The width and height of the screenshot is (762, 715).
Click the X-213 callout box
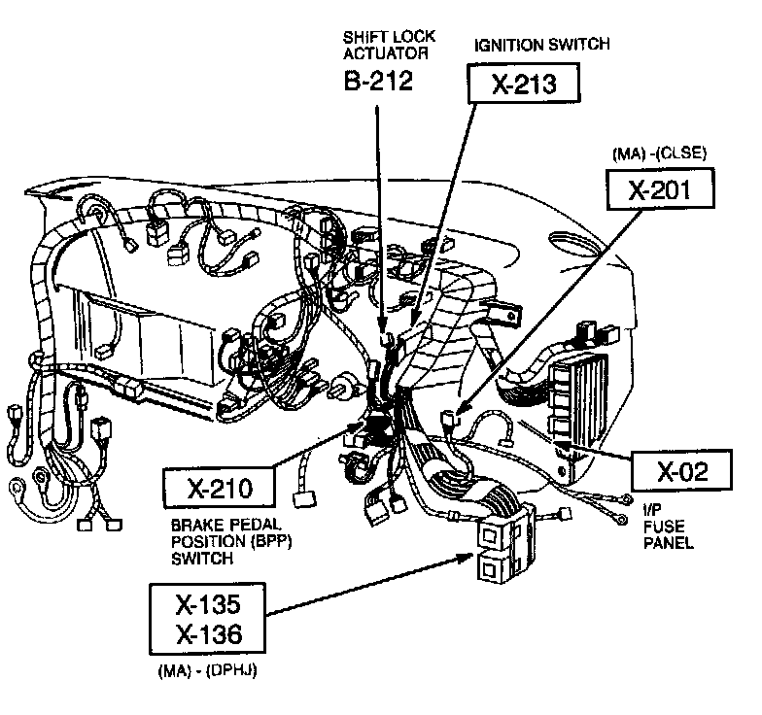pyautogui.click(x=523, y=84)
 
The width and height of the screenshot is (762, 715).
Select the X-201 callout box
pyautogui.click(x=660, y=192)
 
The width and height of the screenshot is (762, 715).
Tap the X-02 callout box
pyautogui.click(x=680, y=472)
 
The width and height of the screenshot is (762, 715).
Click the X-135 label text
pyautogui.click(x=207, y=604)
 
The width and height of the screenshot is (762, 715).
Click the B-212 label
pyautogui.click(x=378, y=81)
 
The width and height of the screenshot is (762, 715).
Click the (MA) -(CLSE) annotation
pyautogui.click(x=659, y=153)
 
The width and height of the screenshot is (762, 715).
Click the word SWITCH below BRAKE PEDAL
pyautogui.click(x=202, y=559)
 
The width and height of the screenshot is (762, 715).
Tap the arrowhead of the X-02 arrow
pyautogui.click(x=555, y=445)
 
